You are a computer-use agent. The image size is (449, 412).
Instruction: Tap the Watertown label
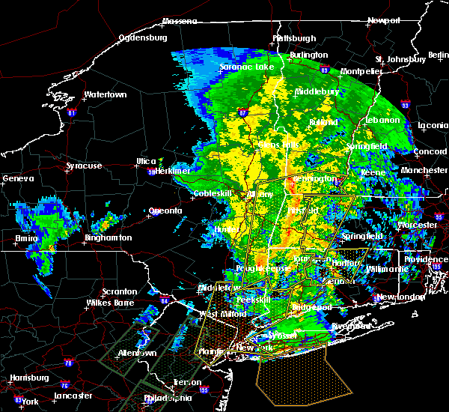point(105,95)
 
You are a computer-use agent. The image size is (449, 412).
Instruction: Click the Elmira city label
point(27,239)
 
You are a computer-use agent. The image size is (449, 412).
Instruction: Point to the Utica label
point(146,161)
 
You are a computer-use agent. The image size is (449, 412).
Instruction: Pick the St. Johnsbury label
point(401,59)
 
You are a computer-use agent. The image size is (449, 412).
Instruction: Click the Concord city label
point(432,153)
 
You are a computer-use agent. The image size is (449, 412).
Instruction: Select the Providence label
point(427,259)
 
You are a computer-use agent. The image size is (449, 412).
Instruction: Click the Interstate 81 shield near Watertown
point(72,113)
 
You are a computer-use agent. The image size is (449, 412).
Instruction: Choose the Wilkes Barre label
point(108,303)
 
